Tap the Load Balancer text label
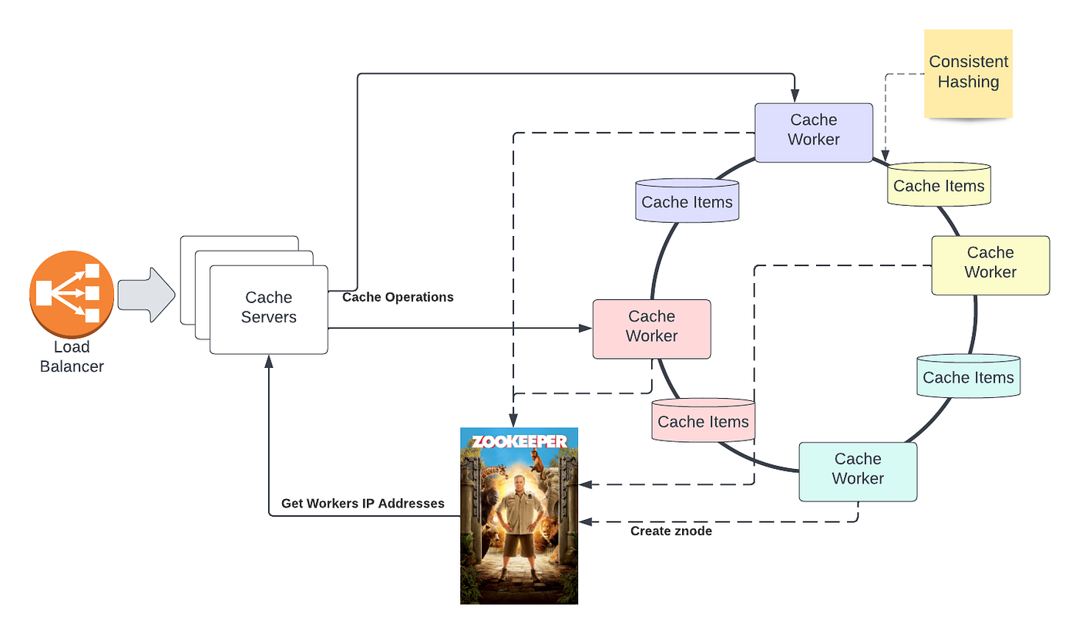point(72,357)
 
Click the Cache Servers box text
point(268,307)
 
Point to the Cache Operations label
point(398,298)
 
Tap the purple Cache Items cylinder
point(687,202)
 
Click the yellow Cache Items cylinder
point(939,186)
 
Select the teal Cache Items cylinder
point(968,377)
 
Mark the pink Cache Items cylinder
point(703,421)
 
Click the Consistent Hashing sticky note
point(968,73)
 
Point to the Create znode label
point(671,531)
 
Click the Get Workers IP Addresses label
point(362,504)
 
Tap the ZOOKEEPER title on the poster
point(519,441)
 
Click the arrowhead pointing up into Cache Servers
point(268,361)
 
